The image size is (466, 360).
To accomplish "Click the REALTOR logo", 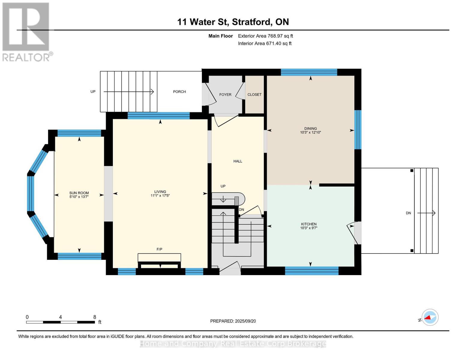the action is [x=27, y=32].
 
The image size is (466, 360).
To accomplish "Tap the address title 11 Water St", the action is [x=203, y=22].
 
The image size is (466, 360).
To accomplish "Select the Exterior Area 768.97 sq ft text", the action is [x=265, y=36].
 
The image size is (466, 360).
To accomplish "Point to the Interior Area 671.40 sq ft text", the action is [x=265, y=43].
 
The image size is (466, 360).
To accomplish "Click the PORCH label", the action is [x=179, y=92].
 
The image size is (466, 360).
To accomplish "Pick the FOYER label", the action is [x=225, y=94].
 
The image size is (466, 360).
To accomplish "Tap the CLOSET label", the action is [x=254, y=94].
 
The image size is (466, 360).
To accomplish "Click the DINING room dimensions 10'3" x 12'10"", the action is [x=310, y=133].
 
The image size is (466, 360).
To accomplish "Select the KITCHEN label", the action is [x=308, y=224].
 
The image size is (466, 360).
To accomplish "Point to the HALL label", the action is [x=238, y=161].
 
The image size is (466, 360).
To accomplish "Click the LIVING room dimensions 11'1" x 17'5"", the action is [x=160, y=196].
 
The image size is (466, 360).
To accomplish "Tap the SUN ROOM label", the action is [x=79, y=193].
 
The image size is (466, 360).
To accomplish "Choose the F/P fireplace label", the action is [x=159, y=249].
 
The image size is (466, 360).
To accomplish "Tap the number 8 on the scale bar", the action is [x=95, y=317].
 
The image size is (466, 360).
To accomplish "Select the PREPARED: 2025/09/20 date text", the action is [x=233, y=321].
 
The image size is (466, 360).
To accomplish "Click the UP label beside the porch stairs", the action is [x=93, y=92].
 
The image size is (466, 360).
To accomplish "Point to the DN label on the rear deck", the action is [x=408, y=213].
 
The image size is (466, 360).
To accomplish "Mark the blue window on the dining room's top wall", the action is [x=309, y=72].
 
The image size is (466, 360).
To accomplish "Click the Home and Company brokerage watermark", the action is [x=233, y=344].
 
